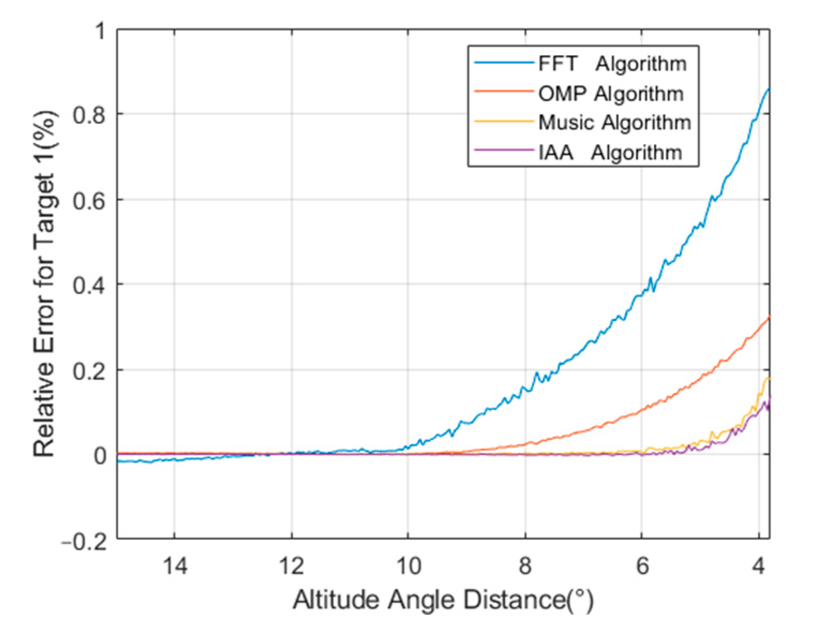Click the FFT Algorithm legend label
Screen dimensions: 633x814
click(x=612, y=64)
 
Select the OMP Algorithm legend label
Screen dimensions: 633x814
click(x=611, y=94)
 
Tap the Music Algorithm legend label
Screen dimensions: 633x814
click(x=614, y=123)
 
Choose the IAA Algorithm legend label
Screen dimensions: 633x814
click(x=610, y=153)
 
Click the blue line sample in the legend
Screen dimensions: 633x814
click(x=504, y=63)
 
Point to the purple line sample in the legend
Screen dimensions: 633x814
click(x=504, y=152)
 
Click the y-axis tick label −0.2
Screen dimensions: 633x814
click(x=84, y=540)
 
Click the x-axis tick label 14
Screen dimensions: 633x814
click(x=175, y=565)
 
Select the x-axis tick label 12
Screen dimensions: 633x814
click(x=292, y=565)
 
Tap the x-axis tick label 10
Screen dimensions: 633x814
click(x=408, y=565)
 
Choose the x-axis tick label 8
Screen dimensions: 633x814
click(x=525, y=565)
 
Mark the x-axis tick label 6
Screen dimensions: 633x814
click(x=642, y=565)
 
